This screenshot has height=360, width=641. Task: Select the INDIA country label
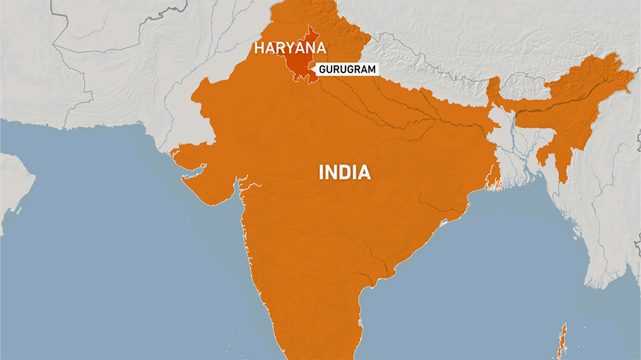point(345,172)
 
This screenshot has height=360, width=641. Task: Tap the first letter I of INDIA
point(322,172)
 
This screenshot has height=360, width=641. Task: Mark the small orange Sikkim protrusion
point(494,90)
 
